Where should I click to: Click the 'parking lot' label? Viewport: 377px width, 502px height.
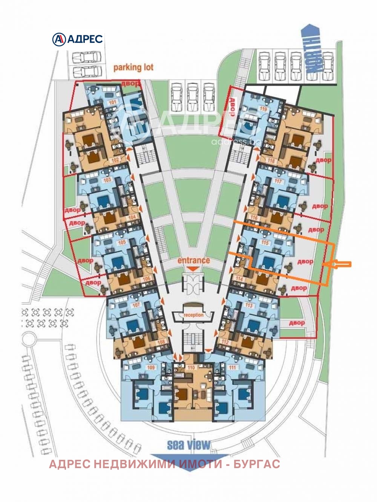(x=133, y=67)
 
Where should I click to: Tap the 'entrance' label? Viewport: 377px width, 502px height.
(x=193, y=260)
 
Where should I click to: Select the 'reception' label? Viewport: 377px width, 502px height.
(x=193, y=315)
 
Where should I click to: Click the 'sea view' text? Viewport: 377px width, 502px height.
(x=188, y=445)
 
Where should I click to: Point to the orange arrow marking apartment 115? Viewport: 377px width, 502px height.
(x=341, y=265)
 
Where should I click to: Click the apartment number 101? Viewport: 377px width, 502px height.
(x=112, y=102)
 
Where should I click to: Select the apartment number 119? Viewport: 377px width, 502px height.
(x=264, y=109)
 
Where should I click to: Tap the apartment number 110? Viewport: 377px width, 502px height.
(x=191, y=367)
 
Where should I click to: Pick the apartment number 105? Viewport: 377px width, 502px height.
(x=121, y=243)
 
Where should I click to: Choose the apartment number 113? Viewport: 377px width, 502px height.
(x=248, y=305)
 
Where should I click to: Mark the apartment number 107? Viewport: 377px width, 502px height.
(x=136, y=305)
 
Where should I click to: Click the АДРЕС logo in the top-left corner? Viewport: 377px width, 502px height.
(x=77, y=39)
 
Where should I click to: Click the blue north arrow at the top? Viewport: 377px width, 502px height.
(x=313, y=49)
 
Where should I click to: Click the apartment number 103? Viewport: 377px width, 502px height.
(x=107, y=180)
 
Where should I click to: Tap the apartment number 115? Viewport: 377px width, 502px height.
(x=265, y=243)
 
